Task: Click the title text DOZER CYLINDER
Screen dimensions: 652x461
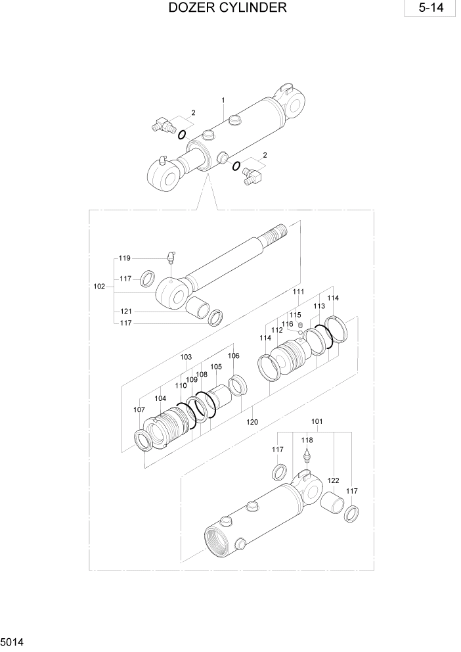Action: click(227, 9)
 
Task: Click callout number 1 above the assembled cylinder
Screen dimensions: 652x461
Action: click(223, 101)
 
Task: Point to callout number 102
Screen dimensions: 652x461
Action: click(99, 287)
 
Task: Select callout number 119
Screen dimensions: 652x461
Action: click(125, 258)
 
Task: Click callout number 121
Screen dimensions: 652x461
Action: click(125, 311)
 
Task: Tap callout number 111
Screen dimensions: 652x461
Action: click(299, 292)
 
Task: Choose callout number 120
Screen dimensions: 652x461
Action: click(252, 423)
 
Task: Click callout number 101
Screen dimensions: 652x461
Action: click(317, 421)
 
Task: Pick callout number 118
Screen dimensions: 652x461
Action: click(307, 440)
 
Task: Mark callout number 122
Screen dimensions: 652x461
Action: click(333, 481)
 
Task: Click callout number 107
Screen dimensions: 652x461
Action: click(139, 409)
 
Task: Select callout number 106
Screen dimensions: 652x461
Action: click(233, 356)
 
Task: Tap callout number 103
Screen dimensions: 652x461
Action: click(187, 357)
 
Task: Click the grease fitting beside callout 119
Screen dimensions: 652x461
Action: click(170, 256)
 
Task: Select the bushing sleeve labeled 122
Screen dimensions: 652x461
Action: click(334, 507)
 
